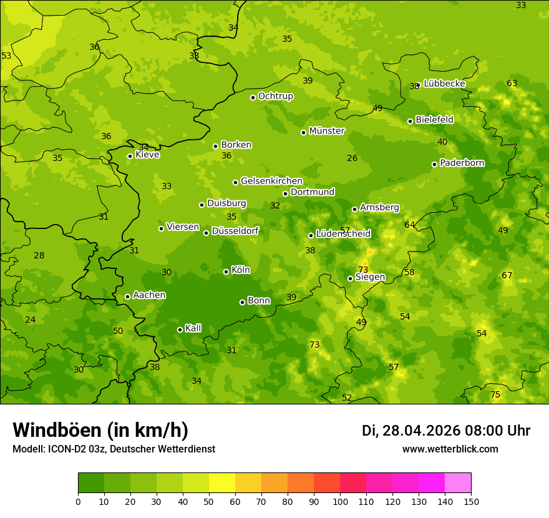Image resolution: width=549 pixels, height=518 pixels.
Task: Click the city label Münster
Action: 326,131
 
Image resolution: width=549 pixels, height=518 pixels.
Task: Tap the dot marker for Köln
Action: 226,271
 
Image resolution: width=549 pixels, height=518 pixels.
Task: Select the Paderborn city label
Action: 462,163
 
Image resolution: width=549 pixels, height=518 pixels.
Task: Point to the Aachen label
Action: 149,295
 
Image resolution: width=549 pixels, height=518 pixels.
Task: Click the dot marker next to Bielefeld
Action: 410,121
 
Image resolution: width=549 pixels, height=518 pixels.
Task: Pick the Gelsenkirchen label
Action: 271,181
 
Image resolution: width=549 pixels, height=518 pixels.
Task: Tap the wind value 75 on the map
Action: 495,394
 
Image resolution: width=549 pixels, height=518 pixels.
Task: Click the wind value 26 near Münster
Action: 352,158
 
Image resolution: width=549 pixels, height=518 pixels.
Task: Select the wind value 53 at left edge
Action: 6,56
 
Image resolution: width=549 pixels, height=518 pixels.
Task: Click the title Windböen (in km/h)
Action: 100,430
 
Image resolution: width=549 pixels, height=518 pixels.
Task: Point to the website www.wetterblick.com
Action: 450,449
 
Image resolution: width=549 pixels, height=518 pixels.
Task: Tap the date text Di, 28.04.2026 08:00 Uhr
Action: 446,431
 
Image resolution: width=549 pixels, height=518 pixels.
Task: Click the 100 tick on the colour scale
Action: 340,502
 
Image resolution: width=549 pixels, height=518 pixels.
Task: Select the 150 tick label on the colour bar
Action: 471,502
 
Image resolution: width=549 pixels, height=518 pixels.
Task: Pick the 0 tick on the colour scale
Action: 78,502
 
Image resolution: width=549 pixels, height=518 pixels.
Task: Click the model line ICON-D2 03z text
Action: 114,449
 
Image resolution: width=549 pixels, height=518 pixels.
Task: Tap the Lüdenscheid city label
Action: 343,234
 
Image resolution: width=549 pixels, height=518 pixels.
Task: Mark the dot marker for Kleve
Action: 130,156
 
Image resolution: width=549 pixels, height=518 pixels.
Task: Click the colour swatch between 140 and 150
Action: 458,483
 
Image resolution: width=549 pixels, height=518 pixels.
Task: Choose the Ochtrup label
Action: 275,96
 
